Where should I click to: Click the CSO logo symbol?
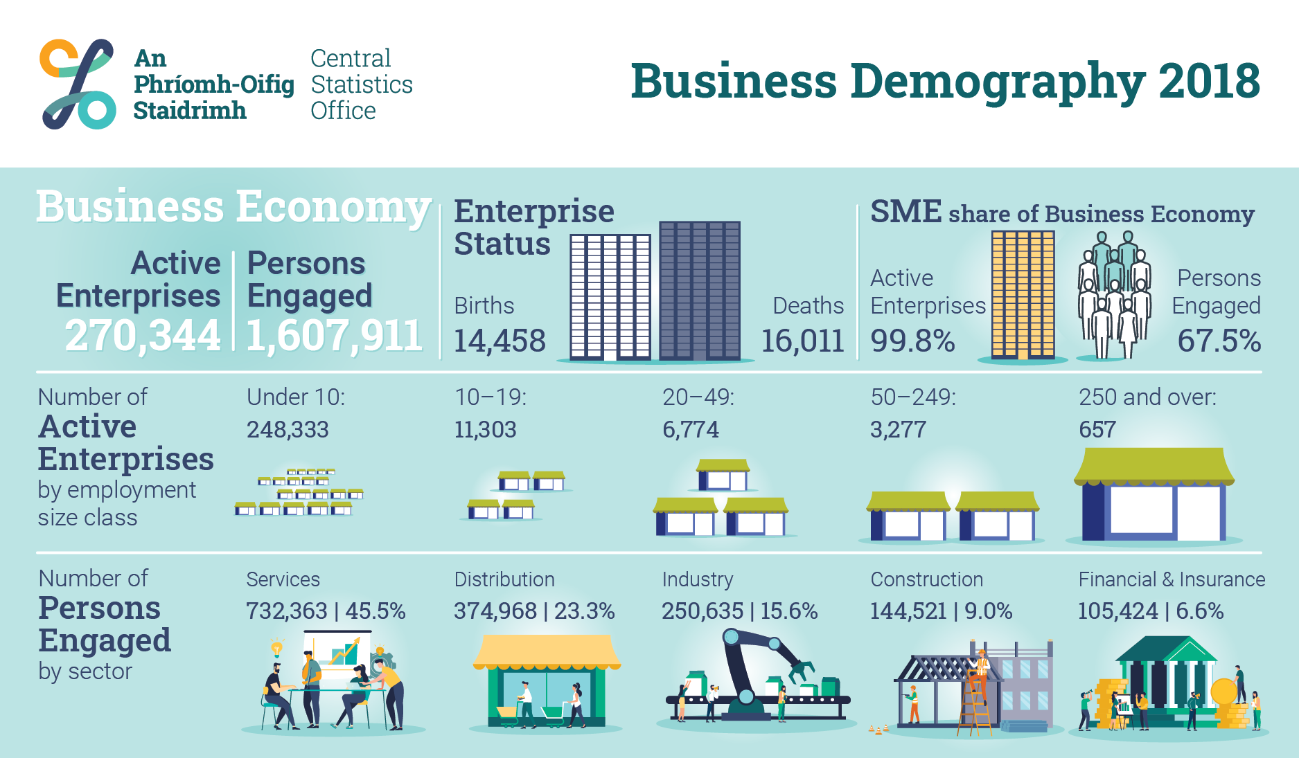[x=78, y=84]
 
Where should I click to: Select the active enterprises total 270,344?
[x=143, y=336]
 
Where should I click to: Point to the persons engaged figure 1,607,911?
[x=335, y=336]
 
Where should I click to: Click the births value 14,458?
[x=500, y=341]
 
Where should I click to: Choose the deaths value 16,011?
[x=802, y=341]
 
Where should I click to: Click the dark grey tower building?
[x=700, y=290]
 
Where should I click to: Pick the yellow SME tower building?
[x=1023, y=295]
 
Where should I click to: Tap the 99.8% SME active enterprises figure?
[x=912, y=341]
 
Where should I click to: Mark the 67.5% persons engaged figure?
[x=1219, y=341]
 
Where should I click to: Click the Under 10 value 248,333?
[x=288, y=429]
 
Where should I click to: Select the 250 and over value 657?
[x=1097, y=429]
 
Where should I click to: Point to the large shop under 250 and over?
[x=1154, y=494]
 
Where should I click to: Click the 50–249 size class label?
[x=913, y=397]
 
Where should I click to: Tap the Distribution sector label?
[x=504, y=579]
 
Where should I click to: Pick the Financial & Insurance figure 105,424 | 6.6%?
[x=1151, y=611]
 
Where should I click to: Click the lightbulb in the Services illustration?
[x=277, y=648]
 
